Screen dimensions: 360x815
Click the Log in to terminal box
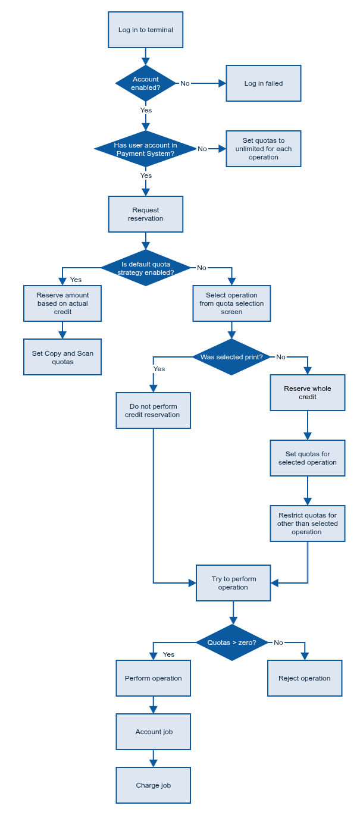[146, 30]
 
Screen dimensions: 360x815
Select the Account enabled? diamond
[146, 83]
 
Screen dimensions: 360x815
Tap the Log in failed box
[264, 83]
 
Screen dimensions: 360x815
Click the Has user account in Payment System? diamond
[146, 149]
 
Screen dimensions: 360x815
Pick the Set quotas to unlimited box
[264, 149]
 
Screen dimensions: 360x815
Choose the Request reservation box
[146, 214]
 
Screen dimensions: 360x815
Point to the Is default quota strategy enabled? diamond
[146, 268]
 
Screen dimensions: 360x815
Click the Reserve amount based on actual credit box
[62, 303]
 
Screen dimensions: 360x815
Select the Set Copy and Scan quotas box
[62, 357]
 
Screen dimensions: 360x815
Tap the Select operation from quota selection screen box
[231, 303]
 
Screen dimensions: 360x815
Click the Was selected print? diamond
[231, 357]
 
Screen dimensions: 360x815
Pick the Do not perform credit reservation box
[154, 410]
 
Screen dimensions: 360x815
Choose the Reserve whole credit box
[308, 393]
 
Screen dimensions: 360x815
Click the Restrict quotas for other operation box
[308, 524]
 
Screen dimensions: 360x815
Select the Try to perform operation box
[233, 583]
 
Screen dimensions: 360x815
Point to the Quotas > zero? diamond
[232, 642]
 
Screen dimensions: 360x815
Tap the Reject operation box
[305, 678]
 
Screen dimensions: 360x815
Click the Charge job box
[154, 785]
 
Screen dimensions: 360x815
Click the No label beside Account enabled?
[185, 83]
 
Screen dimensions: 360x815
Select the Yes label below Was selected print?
[159, 369]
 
